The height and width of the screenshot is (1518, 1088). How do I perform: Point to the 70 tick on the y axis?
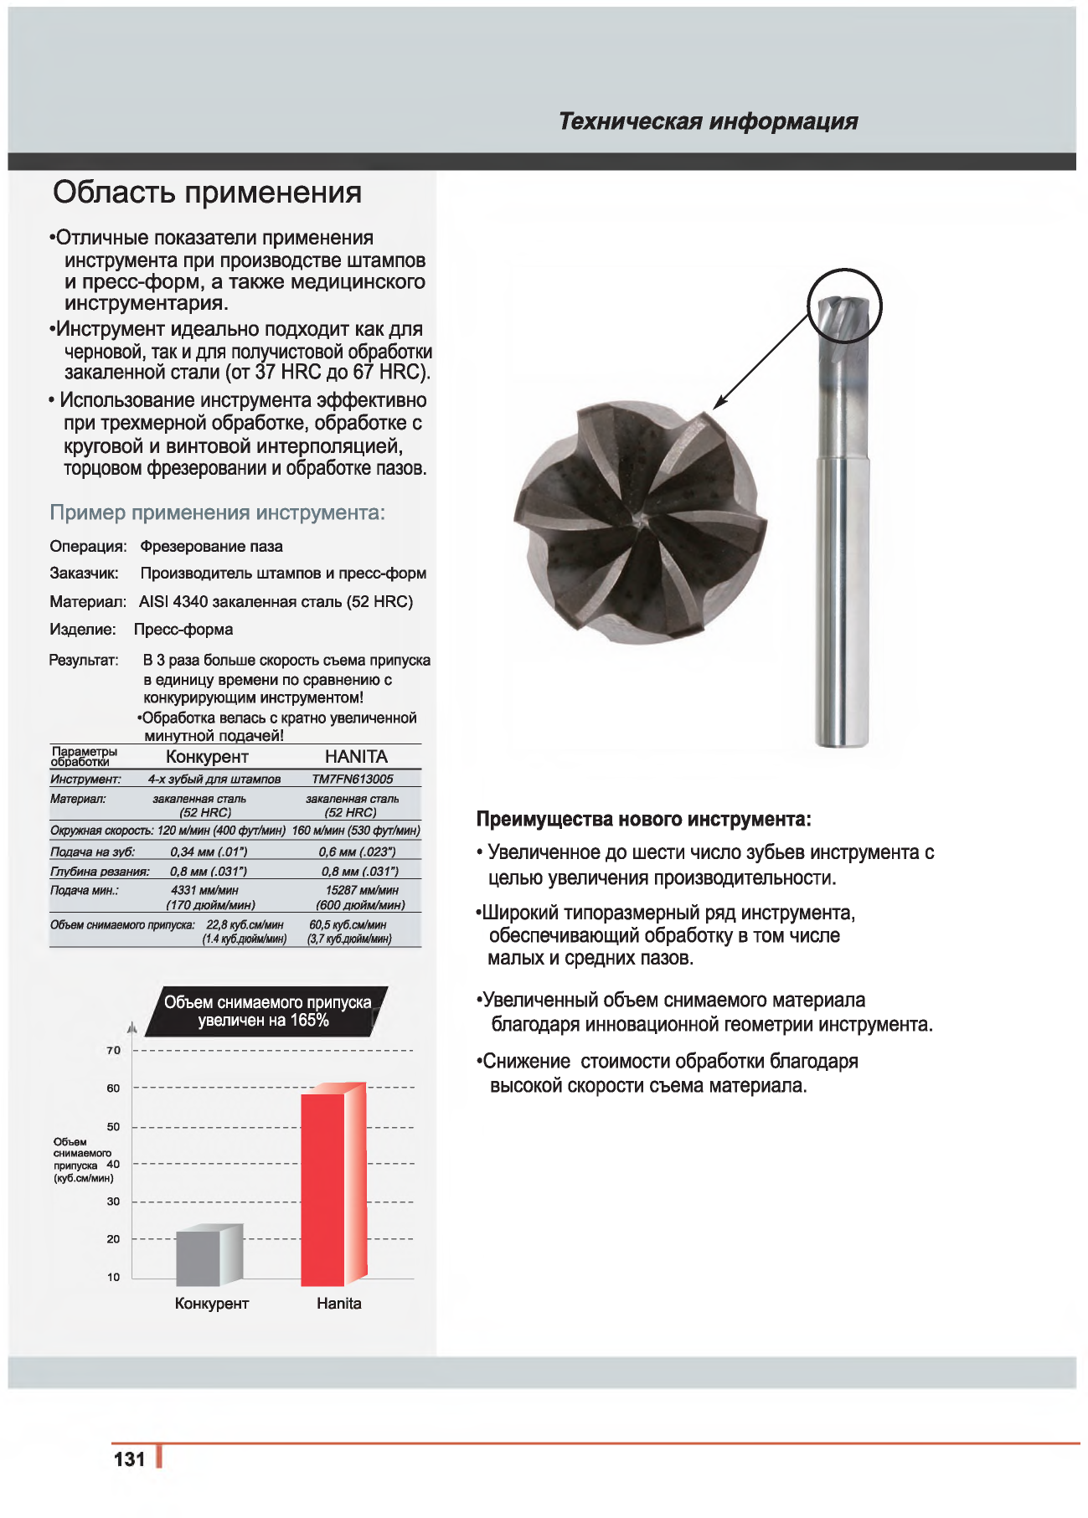click(x=114, y=1050)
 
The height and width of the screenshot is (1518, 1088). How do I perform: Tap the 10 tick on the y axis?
click(x=114, y=1277)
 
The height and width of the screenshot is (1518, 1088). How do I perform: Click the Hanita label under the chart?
click(x=339, y=1304)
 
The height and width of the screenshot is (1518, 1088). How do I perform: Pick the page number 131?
click(x=130, y=1459)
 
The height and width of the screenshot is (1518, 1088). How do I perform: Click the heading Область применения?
click(x=207, y=193)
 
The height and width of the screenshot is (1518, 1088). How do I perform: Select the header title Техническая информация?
click(x=708, y=121)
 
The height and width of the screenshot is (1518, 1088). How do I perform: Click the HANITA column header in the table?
click(x=356, y=757)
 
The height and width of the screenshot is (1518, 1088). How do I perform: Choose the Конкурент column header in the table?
click(x=207, y=757)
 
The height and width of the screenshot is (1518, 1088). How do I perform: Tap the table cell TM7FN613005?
click(x=352, y=780)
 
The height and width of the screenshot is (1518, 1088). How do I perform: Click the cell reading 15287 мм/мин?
click(x=362, y=891)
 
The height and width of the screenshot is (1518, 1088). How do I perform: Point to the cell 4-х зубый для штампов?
click(x=214, y=780)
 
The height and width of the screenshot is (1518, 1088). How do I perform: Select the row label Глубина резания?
click(x=100, y=872)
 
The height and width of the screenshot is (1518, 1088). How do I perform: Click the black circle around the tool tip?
click(x=844, y=306)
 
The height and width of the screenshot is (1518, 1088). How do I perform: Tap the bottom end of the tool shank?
click(x=842, y=741)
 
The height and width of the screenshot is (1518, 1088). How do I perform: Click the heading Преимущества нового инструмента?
click(x=643, y=819)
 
